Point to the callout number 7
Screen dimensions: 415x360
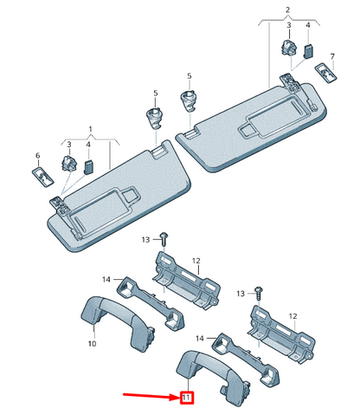click(332, 55)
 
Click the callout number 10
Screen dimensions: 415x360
click(91, 344)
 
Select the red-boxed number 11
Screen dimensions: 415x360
click(185, 398)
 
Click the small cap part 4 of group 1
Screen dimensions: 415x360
click(89, 165)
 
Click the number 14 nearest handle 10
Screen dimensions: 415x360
click(106, 279)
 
